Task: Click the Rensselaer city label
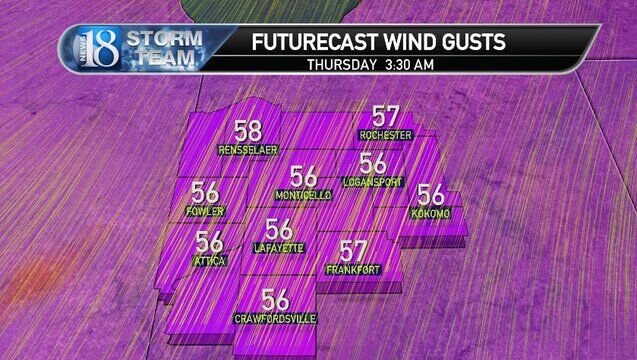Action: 248,151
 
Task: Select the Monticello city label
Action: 303,195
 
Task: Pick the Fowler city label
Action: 206,212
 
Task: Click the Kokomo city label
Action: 431,215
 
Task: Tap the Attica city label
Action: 210,261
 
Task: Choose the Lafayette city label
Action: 279,248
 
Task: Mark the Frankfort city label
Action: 353,270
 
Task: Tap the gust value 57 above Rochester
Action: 385,116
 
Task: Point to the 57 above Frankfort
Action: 353,250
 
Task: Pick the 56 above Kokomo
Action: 431,195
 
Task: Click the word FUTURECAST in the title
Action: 308,42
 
